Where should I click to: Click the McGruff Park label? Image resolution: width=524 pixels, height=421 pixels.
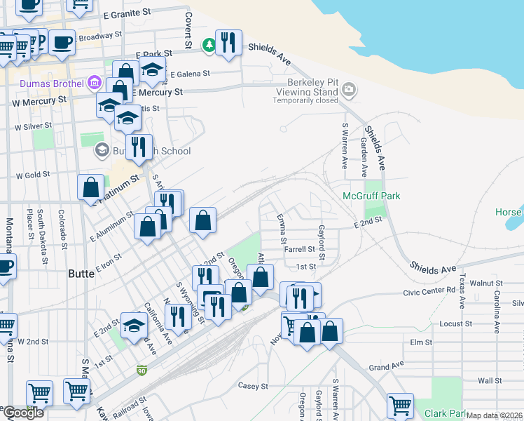tap(371, 196)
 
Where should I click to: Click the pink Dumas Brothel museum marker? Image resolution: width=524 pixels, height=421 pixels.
tap(94, 83)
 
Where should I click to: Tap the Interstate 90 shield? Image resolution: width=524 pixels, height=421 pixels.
tap(142, 368)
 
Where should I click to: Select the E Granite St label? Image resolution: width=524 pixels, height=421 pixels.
tap(127, 14)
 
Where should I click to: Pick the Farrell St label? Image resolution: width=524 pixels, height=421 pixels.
tap(300, 248)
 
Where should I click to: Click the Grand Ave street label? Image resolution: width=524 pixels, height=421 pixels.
tap(387, 367)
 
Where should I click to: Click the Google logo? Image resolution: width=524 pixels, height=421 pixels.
tap(22, 413)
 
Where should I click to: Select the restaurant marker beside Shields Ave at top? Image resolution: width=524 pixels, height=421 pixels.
tap(228, 44)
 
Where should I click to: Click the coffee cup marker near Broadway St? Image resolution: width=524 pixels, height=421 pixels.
tap(62, 42)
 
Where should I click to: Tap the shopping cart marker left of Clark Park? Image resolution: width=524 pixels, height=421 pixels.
tap(399, 405)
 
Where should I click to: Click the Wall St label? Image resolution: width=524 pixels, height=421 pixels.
tap(487, 380)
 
